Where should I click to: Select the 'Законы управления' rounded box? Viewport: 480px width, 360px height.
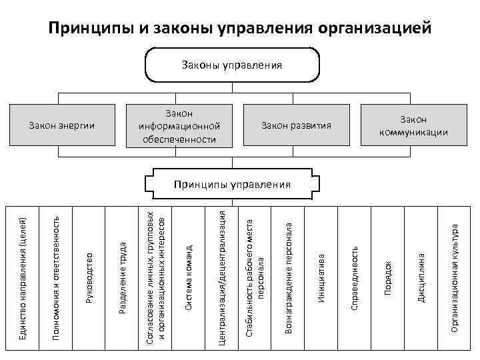click(232, 65)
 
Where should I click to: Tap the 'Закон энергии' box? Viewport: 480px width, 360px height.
click(63, 125)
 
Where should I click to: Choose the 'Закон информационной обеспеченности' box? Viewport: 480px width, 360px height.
click(179, 125)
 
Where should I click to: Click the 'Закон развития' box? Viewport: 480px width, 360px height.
click(296, 125)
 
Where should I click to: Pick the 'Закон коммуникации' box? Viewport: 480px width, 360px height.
click(413, 125)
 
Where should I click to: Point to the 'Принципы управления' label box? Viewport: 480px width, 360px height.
click(231, 185)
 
